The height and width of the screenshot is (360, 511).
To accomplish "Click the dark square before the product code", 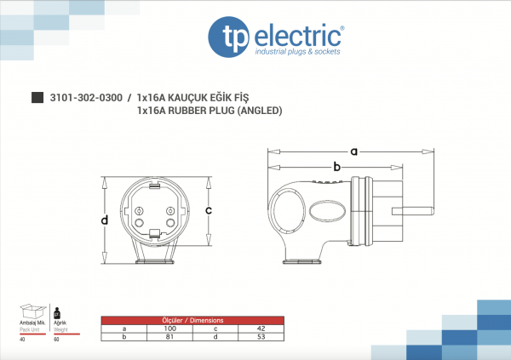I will [x=37, y=98].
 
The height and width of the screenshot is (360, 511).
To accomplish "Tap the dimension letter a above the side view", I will [x=353, y=151].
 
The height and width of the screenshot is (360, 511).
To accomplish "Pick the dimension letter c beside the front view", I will [x=221, y=209].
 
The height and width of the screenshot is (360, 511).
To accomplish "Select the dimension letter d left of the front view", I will [x=105, y=220].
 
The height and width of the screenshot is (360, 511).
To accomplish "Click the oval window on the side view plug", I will [x=327, y=210].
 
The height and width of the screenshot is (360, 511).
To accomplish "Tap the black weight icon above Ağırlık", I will [x=56, y=311].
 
